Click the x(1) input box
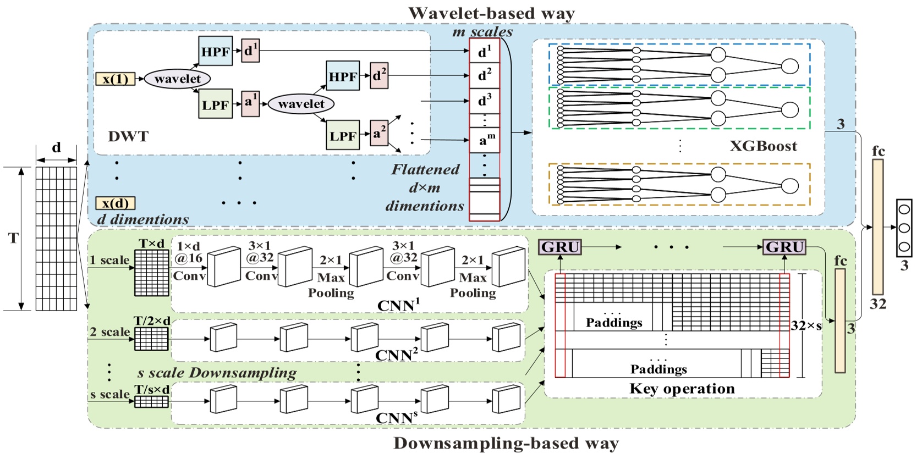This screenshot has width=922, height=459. click(115, 79)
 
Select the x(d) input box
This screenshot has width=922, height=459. click(115, 203)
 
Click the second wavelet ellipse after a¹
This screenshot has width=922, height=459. click(301, 104)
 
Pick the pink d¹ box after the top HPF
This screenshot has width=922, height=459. click(250, 51)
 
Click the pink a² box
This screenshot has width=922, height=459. click(378, 134)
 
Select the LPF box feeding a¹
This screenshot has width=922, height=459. click(215, 104)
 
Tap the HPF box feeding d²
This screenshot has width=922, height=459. click(343, 76)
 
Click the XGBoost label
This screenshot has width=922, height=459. click(763, 146)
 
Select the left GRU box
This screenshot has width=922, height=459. click(559, 247)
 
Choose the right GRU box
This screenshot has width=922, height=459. click(784, 247)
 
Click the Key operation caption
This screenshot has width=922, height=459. click(682, 389)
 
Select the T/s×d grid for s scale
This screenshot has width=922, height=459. click(152, 402)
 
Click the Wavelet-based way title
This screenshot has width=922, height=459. click(491, 13)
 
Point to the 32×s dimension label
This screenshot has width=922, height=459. click(806, 325)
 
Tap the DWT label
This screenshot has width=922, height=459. click(128, 136)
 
